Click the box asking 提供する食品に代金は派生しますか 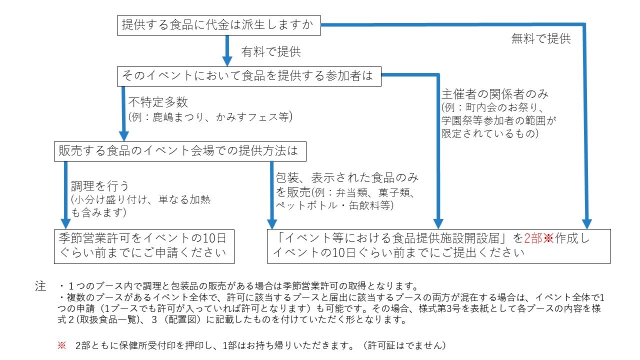(219, 25)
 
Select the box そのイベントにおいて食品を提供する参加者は (249, 76)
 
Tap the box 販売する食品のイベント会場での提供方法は (180, 151)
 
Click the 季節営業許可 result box (144, 246)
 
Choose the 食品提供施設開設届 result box (439, 246)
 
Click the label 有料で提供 (271, 51)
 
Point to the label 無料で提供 (541, 38)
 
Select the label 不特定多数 (158, 102)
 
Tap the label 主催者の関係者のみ (495, 94)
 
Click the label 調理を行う (100, 186)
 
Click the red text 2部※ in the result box (539, 238)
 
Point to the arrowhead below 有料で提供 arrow (227, 61)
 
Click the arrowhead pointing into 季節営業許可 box (65, 224)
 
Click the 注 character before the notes (40, 286)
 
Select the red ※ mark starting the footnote (61, 345)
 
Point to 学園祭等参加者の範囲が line (499, 120)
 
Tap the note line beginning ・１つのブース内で (238, 286)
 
